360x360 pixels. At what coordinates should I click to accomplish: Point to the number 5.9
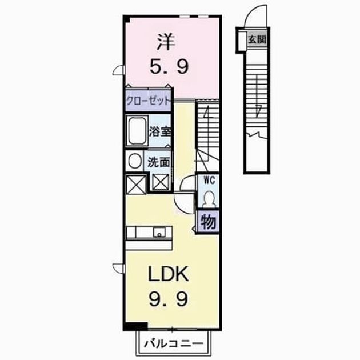pos(169,66)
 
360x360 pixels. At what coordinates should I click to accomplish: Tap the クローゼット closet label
pos(149,101)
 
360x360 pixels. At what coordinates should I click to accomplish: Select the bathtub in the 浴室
pos(137,130)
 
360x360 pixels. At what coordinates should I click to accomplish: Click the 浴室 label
pos(160,131)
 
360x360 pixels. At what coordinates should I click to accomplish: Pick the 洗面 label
pos(158,162)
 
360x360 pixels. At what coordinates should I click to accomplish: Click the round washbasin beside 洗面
pos(135,161)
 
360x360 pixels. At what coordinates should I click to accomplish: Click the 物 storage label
pos(209,222)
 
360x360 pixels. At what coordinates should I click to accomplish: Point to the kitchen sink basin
pos(159,232)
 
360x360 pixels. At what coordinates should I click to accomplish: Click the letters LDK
pos(169,274)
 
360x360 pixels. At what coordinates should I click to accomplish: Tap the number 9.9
pos(169,299)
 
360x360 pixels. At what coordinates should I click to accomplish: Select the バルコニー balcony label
pos(174,343)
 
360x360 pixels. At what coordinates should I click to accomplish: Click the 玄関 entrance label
pos(257,40)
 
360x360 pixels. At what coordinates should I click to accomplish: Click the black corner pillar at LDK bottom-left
pos(136,326)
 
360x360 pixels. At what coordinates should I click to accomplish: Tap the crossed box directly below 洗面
pos(161,182)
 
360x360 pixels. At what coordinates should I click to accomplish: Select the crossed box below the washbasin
pos(136,184)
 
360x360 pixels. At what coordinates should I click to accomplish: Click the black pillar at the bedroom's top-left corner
pos(127,19)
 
